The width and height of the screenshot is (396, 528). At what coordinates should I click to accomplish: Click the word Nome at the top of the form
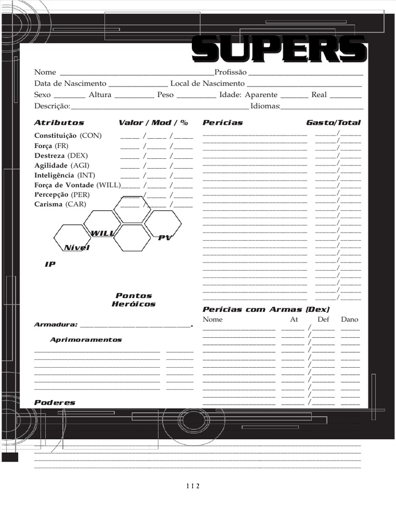pos(45,72)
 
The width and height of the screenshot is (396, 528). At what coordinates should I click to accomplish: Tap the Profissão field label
pos(230,72)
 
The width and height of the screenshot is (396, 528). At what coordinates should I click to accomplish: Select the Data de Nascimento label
pos(70,84)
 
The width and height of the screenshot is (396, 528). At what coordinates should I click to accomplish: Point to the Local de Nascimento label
pos(207,84)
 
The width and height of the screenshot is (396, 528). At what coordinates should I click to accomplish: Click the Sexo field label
pos(42,95)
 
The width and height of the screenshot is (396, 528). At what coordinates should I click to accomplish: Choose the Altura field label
pos(100,95)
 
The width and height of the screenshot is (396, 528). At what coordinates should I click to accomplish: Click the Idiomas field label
pos(265,106)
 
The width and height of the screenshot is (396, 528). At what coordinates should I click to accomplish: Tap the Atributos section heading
pos(59,123)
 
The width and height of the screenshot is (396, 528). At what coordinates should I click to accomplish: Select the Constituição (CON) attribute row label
pos(68,136)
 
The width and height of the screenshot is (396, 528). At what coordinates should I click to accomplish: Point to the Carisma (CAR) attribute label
pos(60,205)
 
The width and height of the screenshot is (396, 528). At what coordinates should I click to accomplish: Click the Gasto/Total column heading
pos(333,123)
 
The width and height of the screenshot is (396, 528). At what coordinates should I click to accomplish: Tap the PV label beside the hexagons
pos(164,238)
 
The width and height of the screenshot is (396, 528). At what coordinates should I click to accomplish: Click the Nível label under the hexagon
pos(76,248)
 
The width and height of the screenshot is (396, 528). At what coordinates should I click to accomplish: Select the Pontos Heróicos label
pos(134,300)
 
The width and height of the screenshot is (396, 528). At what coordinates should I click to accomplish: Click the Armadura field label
pos(56,325)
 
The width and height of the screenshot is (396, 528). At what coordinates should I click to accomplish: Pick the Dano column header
pos(350,320)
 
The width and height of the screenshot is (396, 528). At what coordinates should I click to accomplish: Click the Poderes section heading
pos(55,403)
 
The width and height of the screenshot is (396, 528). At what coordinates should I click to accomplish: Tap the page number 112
pos(192,486)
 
